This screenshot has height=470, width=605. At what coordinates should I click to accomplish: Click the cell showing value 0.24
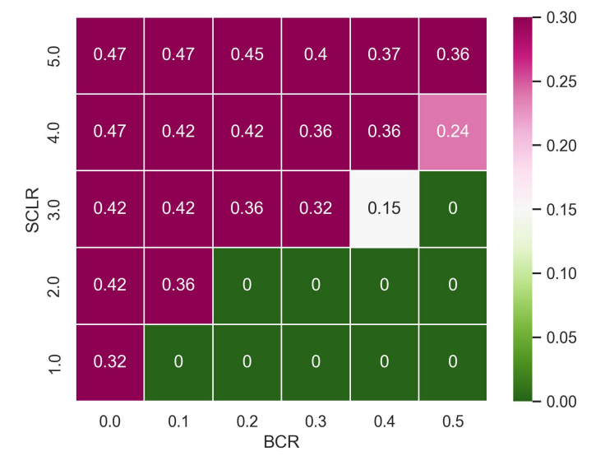tap(452, 133)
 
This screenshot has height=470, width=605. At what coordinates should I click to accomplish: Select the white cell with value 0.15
tap(384, 209)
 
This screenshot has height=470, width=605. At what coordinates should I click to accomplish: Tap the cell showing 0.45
tap(247, 55)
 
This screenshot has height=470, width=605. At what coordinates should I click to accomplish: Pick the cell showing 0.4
tap(316, 55)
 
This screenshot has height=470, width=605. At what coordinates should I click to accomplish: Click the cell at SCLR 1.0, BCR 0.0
tap(110, 363)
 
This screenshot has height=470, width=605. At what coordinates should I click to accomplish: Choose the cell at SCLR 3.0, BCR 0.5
tap(452, 209)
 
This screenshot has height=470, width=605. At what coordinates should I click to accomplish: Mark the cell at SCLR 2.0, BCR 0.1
tap(178, 286)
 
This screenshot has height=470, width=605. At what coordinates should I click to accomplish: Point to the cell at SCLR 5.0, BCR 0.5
tap(452, 55)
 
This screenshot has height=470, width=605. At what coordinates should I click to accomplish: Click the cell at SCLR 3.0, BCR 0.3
tap(316, 209)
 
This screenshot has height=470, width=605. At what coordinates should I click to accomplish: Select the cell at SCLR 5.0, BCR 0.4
tap(384, 55)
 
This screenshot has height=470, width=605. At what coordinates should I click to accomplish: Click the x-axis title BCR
tap(280, 443)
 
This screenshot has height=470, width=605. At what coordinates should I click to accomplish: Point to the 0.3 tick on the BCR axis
tap(316, 421)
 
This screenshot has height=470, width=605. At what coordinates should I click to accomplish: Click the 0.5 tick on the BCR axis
tap(452, 421)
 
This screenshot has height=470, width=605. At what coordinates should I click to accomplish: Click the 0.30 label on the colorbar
tap(563, 17)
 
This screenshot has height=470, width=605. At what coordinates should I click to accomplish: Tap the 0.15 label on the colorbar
tap(563, 209)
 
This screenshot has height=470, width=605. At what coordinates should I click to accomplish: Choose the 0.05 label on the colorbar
tap(563, 337)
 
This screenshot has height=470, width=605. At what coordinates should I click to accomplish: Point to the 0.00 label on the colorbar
tap(563, 401)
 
